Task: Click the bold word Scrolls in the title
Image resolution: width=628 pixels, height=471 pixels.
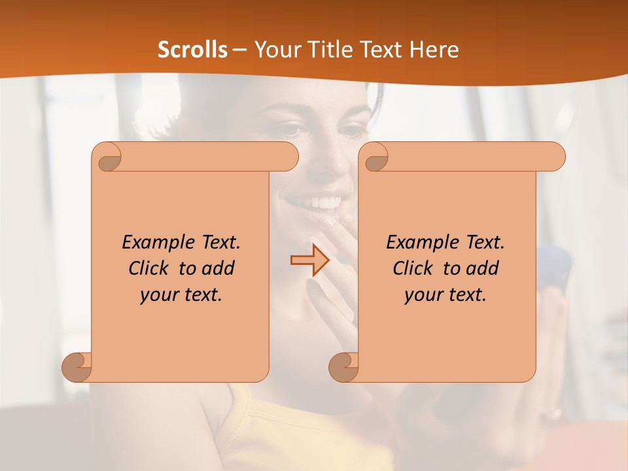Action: coord(193,50)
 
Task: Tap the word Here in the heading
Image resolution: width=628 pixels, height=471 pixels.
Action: coord(433,50)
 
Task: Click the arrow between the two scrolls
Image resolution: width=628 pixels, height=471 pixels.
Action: coord(310,260)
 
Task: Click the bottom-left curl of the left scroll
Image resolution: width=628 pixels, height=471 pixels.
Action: coord(77,366)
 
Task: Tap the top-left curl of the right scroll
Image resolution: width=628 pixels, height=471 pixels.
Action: coord(376,157)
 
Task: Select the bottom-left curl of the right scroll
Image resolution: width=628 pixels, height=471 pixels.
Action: coord(343,366)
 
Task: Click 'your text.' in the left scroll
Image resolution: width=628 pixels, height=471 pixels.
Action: coord(181,295)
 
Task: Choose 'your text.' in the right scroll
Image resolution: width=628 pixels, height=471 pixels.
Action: coord(445,295)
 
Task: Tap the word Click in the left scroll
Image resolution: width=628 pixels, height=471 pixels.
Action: coord(149,268)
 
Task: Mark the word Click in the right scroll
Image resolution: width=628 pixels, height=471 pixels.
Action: coord(413,268)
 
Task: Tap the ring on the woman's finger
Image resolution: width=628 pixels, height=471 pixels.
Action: coord(557,413)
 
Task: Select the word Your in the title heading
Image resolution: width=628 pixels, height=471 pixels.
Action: coord(274,50)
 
